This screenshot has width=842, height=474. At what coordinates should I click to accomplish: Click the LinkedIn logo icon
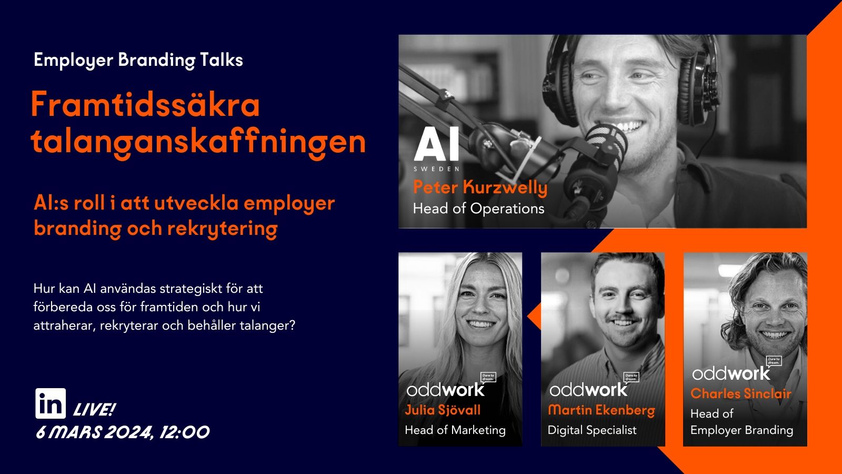[x=51, y=403]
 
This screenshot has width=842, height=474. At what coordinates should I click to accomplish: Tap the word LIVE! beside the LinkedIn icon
[x=94, y=410]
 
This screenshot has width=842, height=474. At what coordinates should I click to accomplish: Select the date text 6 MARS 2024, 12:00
[x=122, y=432]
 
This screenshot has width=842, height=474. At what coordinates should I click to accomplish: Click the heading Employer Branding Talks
[x=138, y=60]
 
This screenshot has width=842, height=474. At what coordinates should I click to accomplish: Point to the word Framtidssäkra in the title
[x=145, y=104]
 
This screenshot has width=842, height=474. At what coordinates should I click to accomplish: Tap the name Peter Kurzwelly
[x=480, y=187]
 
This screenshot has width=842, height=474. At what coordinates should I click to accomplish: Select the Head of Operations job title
[x=478, y=209]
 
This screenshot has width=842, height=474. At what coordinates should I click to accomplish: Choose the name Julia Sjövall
[x=443, y=410]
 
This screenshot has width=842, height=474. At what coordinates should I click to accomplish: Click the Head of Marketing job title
[x=455, y=430]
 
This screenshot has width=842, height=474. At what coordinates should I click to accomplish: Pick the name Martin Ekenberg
[x=601, y=410]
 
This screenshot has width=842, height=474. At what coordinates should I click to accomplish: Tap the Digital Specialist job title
[x=592, y=430]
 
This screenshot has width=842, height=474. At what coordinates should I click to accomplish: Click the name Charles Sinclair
[x=740, y=393]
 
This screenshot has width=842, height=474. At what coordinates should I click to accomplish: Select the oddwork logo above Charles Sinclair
[x=731, y=373]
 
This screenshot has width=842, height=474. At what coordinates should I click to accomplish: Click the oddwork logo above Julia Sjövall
[x=446, y=389]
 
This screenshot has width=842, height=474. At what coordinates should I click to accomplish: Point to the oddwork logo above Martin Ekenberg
[x=588, y=389]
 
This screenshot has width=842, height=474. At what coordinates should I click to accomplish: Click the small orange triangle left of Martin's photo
[x=534, y=316]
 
